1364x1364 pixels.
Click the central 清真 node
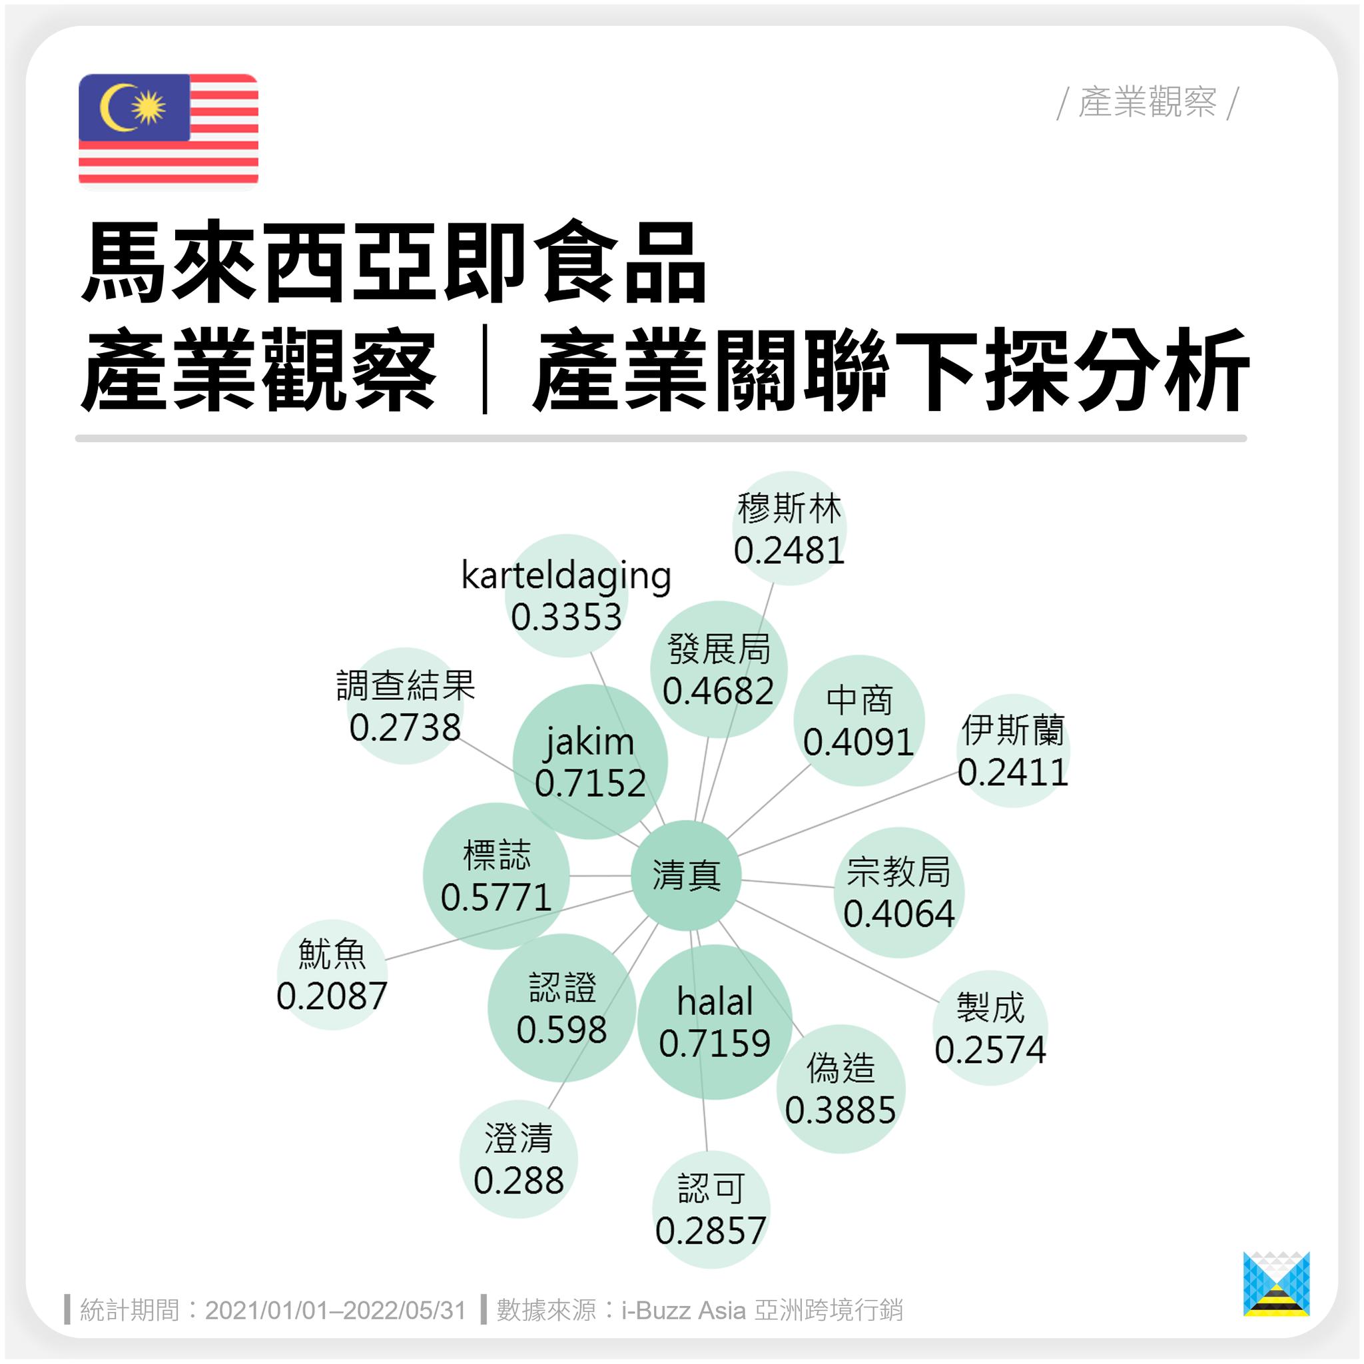coord(685,875)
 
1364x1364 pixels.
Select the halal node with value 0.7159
coord(715,1022)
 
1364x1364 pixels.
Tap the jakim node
coord(590,762)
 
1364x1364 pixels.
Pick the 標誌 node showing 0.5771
coord(496,875)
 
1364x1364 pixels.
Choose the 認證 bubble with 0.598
coord(562,1008)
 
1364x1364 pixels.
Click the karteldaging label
coord(566,575)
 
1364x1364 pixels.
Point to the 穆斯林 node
coord(789,528)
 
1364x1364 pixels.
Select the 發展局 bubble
coord(719,669)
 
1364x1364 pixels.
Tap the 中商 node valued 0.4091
coord(859,720)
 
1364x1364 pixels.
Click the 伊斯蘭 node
coord(1013,751)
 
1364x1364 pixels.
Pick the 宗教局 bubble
coord(898,892)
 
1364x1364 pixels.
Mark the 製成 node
coord(990,1027)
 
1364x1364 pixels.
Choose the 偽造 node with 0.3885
coord(840,1089)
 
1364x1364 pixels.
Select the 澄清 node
coord(519,1159)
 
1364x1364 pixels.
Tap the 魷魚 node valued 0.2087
coord(332,974)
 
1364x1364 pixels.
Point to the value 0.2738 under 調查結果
coord(405,728)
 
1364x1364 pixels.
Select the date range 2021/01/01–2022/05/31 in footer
coord(336,1310)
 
